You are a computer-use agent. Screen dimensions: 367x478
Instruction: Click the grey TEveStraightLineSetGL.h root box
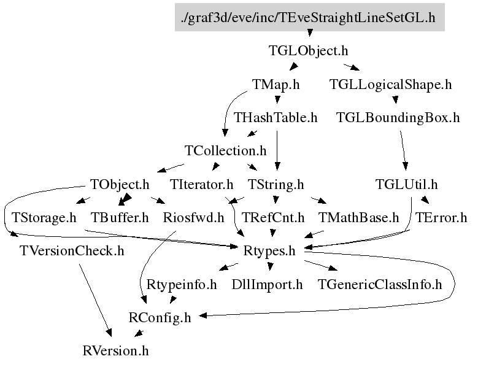click(x=309, y=17)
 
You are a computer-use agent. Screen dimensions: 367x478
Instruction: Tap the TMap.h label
click(x=276, y=84)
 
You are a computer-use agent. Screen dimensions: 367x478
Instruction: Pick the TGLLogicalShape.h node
click(x=390, y=84)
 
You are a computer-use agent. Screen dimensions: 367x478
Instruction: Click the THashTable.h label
click(x=276, y=117)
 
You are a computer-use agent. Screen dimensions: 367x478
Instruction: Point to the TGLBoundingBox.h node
click(x=398, y=117)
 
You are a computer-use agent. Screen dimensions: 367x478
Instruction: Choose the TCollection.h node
click(x=226, y=150)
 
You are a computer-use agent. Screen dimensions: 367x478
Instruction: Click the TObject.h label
click(x=120, y=183)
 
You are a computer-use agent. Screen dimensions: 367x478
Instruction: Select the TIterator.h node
click(x=202, y=183)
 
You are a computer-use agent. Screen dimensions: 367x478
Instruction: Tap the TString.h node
click(x=276, y=183)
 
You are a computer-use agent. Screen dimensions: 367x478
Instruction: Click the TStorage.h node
click(x=44, y=217)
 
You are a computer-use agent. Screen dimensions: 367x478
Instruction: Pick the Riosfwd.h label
click(x=193, y=217)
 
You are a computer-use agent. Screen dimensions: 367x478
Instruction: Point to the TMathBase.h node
click(x=359, y=217)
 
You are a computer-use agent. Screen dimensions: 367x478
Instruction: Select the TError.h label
click(x=441, y=217)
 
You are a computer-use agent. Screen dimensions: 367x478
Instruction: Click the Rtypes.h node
click(x=269, y=250)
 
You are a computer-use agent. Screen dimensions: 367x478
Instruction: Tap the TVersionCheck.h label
click(x=72, y=250)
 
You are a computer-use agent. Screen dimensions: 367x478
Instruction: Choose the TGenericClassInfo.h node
click(x=380, y=284)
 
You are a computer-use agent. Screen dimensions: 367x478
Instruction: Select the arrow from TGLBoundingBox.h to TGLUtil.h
click(x=403, y=150)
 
